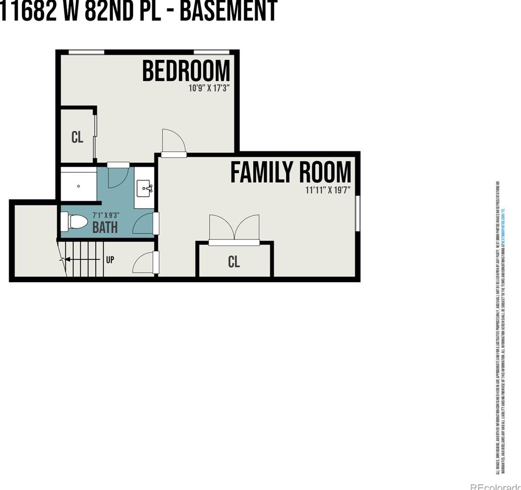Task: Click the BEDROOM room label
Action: (x=186, y=71)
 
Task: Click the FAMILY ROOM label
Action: (x=291, y=172)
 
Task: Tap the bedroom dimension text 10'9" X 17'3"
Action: (x=209, y=89)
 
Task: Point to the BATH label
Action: (x=105, y=227)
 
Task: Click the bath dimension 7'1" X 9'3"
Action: (x=106, y=215)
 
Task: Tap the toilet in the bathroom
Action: (x=75, y=222)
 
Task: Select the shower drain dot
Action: (x=79, y=186)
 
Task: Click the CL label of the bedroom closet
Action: (x=77, y=138)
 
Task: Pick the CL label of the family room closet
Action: (x=234, y=261)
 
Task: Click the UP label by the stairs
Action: (x=110, y=260)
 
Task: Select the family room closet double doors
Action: (x=234, y=228)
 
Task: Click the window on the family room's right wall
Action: (x=358, y=213)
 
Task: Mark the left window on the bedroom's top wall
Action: (x=86, y=52)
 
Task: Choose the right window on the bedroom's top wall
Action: (x=211, y=52)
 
